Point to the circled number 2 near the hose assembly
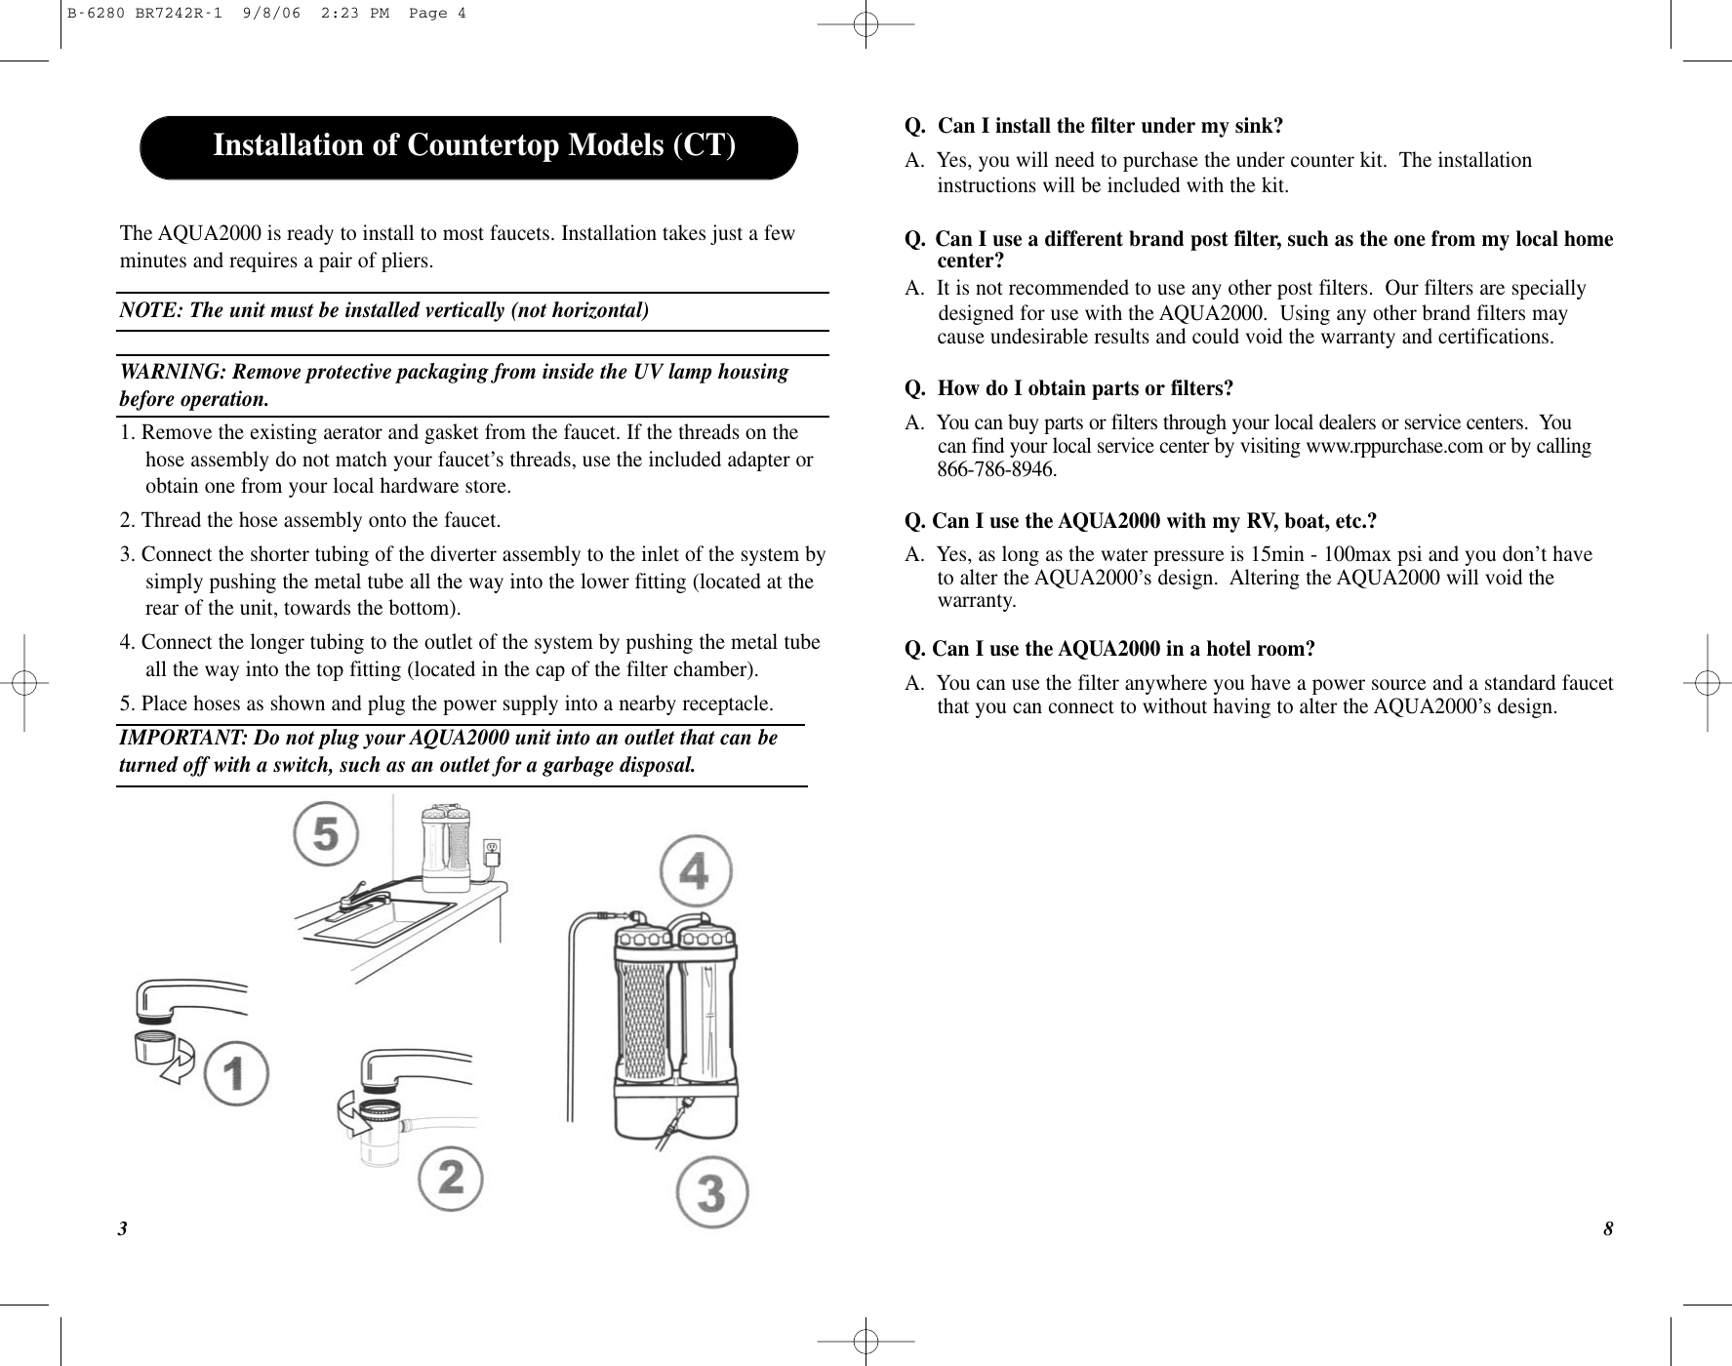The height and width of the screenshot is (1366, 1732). click(x=451, y=1180)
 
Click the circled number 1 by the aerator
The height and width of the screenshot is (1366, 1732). click(x=237, y=1073)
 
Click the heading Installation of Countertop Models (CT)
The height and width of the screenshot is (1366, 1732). click(x=473, y=145)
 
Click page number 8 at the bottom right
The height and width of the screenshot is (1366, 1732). click(x=1608, y=1228)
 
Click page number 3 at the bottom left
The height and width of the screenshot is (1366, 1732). click(x=123, y=1228)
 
